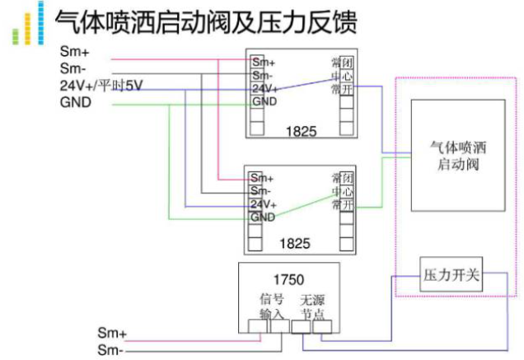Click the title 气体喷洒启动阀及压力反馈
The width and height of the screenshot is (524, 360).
205,22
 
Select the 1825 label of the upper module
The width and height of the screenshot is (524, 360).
300,129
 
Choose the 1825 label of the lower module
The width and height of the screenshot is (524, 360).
300,245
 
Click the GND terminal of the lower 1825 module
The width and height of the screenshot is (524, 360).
262,217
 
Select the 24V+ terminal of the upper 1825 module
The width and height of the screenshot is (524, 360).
264,89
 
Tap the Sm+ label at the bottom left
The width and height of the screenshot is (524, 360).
111,334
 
